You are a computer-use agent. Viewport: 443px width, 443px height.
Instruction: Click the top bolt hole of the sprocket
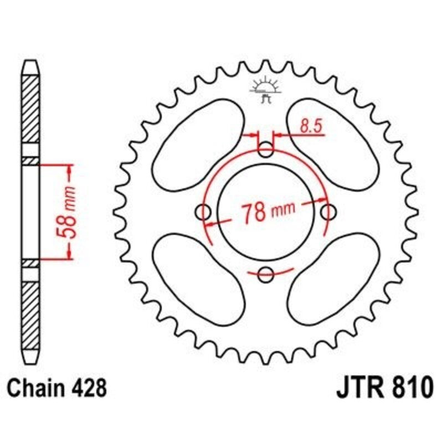(266, 148)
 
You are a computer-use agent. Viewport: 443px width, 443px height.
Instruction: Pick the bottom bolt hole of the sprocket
(266, 273)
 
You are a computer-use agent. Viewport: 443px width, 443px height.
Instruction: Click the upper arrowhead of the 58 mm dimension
(70, 169)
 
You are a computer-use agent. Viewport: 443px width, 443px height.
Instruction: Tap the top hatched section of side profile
(31, 111)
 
